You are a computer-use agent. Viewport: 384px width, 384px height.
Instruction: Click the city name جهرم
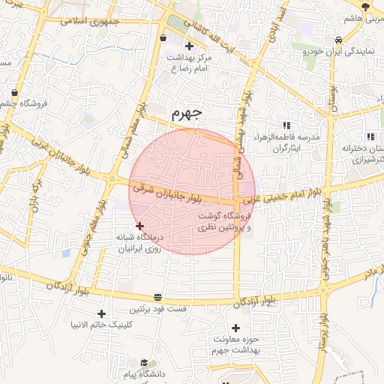coord(187,114)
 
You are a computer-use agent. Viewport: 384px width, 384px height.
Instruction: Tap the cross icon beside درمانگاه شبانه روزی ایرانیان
coord(139,226)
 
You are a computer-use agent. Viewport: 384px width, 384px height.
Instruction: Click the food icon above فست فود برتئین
coord(157,297)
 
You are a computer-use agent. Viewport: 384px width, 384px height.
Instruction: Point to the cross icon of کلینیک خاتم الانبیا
coord(102,313)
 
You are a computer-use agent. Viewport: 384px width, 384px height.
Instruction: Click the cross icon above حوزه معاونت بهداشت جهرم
coord(236,328)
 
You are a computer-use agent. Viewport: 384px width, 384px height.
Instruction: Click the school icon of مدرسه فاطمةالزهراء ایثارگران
coord(286,125)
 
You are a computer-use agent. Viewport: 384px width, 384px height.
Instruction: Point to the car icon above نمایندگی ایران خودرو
coord(339,40)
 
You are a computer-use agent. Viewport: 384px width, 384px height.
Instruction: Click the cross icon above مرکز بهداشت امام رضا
coord(189,46)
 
